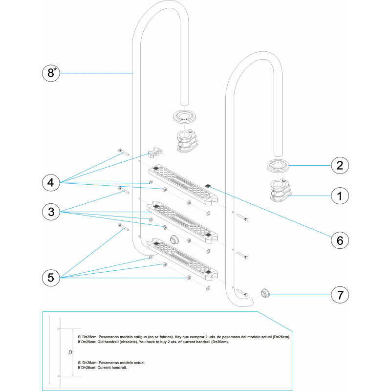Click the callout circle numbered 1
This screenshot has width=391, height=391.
pos(340,196)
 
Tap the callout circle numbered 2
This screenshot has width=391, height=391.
pos(340,165)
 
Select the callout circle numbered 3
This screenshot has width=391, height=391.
pos(51,212)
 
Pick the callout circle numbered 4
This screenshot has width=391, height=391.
pos(51,182)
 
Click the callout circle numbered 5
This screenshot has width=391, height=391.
pos(51,278)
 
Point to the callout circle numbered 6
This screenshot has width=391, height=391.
pos(340,240)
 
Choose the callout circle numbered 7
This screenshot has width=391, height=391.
pos(340,295)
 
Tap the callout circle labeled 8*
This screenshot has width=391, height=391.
pos(51,73)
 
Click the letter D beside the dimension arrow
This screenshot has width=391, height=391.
pos(70,352)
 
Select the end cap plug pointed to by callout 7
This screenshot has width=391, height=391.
pos(265,293)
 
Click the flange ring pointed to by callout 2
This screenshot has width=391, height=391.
pos(278,165)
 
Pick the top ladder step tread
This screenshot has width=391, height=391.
pos(183,185)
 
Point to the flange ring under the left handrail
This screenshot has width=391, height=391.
pos(184,116)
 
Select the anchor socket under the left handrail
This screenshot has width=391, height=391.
pos(187,141)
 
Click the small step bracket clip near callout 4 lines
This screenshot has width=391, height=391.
pos(155,152)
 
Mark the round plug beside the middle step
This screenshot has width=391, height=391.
pos(174,239)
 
